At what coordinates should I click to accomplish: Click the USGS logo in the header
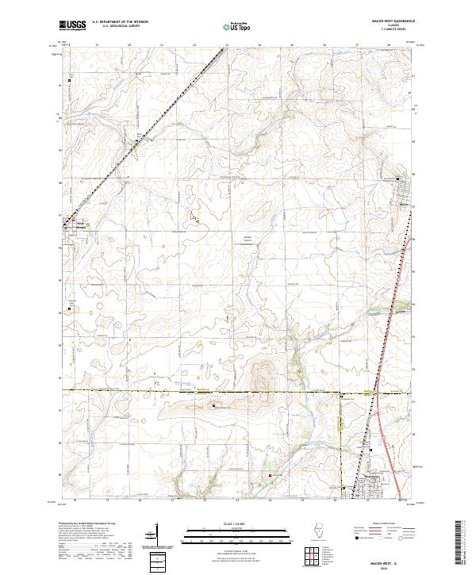tap(72, 25)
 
